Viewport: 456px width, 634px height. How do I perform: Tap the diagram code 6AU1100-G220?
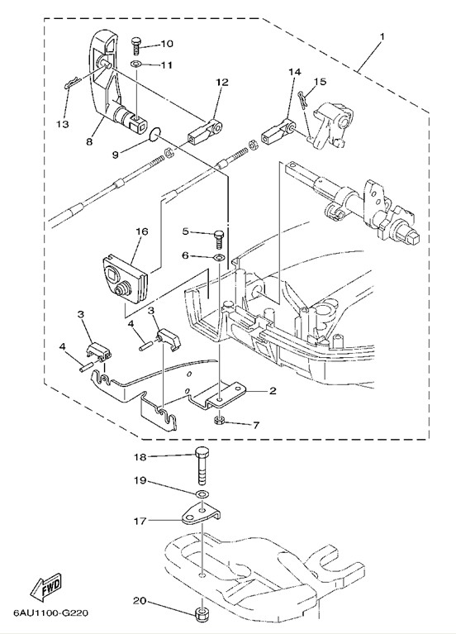coord(50,613)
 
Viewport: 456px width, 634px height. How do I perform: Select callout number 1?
coord(382,36)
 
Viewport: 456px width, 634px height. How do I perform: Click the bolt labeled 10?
coord(136,47)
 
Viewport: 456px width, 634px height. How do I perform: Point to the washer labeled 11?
coord(136,64)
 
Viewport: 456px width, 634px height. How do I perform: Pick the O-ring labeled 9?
coord(155,134)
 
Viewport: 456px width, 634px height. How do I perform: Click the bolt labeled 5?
coord(218,240)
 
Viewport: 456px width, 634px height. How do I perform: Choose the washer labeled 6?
coord(219,257)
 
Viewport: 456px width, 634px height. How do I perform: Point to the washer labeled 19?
coord(202,493)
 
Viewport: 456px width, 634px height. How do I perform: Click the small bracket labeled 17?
coord(201,513)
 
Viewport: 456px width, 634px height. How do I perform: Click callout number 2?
coord(273,391)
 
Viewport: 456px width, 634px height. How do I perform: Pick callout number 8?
coord(89,141)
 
